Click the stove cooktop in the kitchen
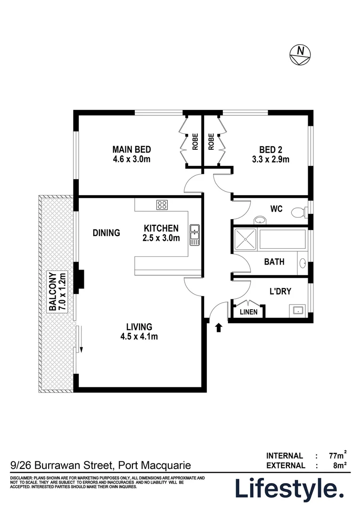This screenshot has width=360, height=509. (x=162, y=205)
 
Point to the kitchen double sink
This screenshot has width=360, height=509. (x=195, y=235)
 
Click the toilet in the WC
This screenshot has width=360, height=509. (x=298, y=213)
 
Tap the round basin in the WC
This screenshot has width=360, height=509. (x=260, y=220)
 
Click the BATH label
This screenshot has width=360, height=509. (x=274, y=261)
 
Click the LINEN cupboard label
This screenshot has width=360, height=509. (x=249, y=312)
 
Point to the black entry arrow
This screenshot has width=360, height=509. (x=219, y=328)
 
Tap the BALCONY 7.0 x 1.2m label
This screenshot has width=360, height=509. (x=56, y=292)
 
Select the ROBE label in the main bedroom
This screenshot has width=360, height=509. (x=195, y=142)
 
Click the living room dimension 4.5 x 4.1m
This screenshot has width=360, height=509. (x=139, y=337)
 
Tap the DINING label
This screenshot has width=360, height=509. (x=106, y=232)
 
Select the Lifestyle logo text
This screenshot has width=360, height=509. (x=289, y=489)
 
